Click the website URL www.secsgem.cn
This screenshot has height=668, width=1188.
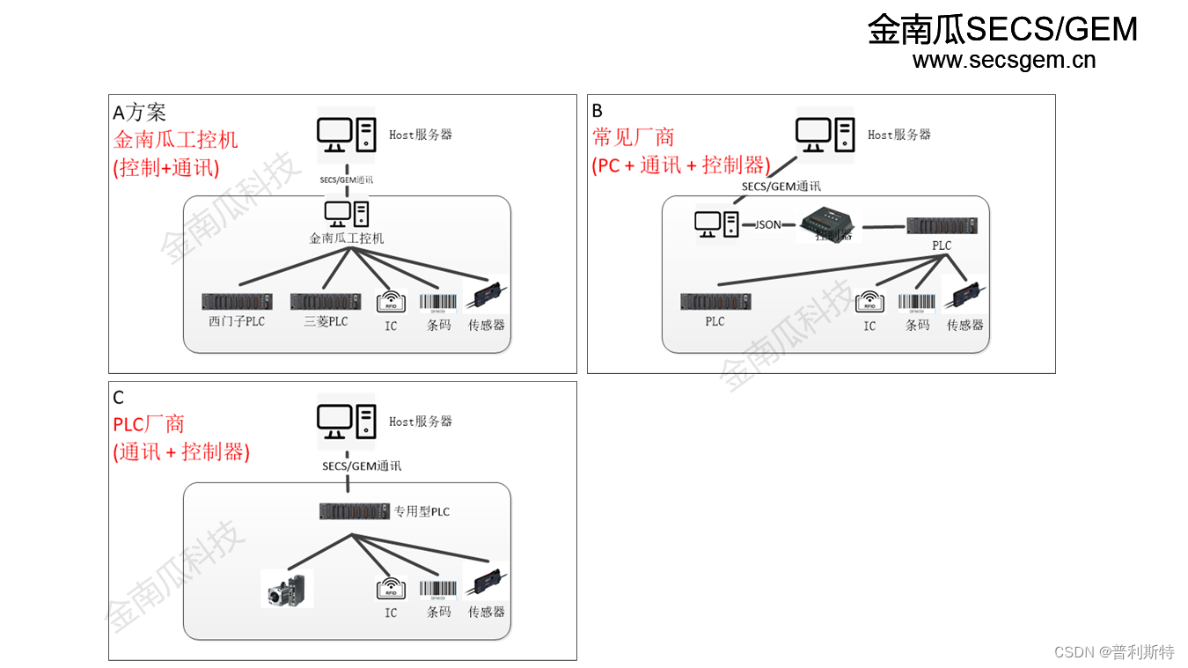pos(1004,60)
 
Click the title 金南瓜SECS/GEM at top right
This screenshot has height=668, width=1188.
pos(1002,29)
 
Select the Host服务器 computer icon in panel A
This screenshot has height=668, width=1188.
pos(347,136)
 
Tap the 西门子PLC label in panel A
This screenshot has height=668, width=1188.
pos(237,322)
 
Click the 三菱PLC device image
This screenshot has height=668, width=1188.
pos(325,302)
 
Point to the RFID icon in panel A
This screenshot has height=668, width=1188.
pos(391,302)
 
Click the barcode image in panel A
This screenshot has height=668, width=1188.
pos(438,303)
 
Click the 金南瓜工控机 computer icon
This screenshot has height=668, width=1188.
pos(347,214)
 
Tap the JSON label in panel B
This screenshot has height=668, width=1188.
pos(767,225)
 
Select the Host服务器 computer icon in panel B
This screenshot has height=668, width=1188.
pos(825,136)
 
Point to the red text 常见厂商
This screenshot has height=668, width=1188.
pos(634,137)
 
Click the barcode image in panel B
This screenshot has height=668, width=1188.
pos(917,302)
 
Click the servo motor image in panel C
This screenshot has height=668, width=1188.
pos(287,589)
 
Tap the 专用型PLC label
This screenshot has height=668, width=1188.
pos(422,511)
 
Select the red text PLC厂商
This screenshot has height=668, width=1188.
pos(149,424)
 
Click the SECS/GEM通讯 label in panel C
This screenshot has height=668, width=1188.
pos(362,466)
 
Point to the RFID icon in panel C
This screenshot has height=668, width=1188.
pos(391,589)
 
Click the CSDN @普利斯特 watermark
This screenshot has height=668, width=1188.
pos(1113,651)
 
